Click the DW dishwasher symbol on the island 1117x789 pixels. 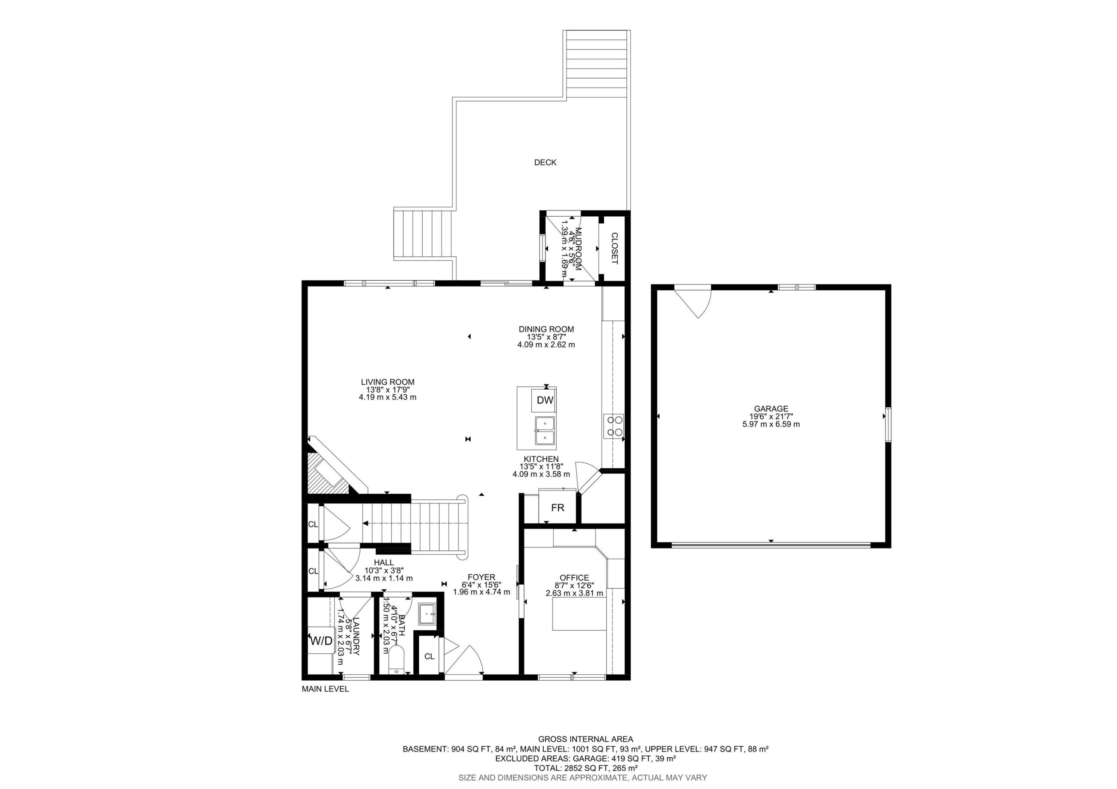tap(545, 400)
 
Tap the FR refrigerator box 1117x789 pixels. tap(557, 508)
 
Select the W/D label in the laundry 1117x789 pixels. tap(321, 641)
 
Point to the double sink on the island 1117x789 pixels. tap(545, 431)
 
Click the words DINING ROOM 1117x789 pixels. tap(546, 329)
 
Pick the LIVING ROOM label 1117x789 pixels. tap(387, 382)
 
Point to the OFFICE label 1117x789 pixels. tap(574, 578)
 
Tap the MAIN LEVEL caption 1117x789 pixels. tap(325, 689)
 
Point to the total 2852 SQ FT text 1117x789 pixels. tap(585, 768)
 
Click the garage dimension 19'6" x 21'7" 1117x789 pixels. tap(771, 416)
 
